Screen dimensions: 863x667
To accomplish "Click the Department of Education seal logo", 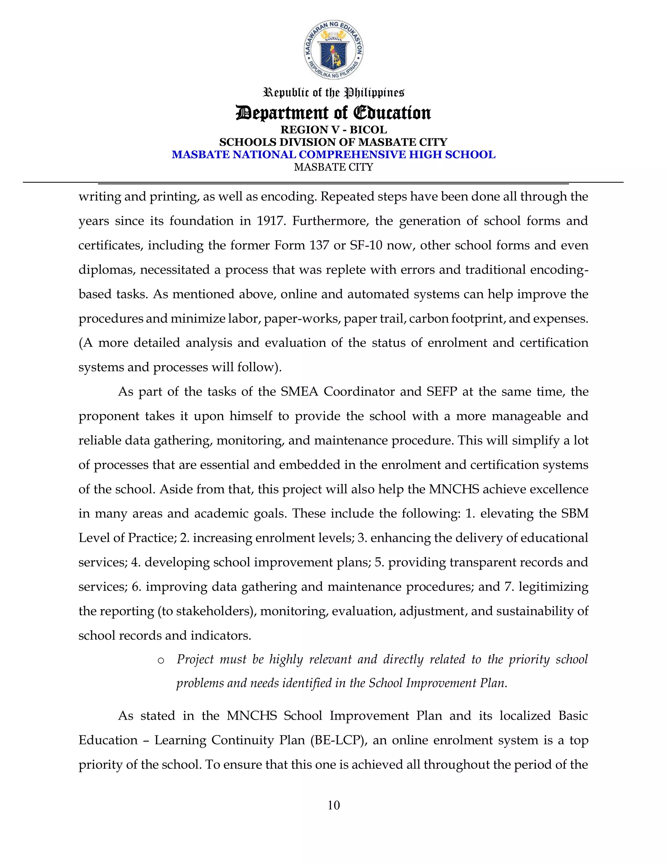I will (333, 50).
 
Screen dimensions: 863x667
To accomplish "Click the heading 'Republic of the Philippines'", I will (333, 93).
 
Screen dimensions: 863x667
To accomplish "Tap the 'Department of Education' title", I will (333, 113).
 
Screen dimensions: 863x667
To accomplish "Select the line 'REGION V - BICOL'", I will (333, 130).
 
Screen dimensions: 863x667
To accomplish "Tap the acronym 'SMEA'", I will (299, 391).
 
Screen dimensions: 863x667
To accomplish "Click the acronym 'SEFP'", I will (441, 391).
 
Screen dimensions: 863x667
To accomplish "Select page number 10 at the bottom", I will (333, 805).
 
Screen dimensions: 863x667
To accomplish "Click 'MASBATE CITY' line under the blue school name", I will (333, 167).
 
